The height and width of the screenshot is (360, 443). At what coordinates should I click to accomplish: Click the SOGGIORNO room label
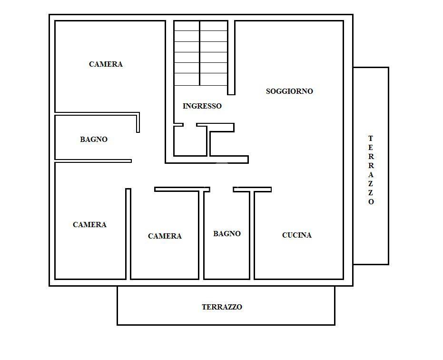[x=289, y=91]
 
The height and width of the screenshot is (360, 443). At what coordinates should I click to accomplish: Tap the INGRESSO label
[x=202, y=106]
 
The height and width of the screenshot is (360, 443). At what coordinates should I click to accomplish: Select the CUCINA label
[x=296, y=235]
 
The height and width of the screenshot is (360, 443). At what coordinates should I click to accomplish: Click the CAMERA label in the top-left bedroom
[x=106, y=64]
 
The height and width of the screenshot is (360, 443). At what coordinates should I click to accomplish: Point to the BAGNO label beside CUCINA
[x=227, y=234]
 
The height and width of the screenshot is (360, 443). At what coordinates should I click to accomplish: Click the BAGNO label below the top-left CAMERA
[x=94, y=139]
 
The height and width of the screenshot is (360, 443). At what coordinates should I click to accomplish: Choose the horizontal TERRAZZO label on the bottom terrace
[x=222, y=307]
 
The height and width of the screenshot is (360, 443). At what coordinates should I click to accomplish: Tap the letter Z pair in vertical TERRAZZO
[x=371, y=188]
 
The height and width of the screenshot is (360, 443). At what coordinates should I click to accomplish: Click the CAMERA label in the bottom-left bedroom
[x=89, y=225]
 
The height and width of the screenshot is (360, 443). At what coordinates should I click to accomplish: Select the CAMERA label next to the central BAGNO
[x=165, y=236]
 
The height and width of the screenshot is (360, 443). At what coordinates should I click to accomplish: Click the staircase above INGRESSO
[x=201, y=53]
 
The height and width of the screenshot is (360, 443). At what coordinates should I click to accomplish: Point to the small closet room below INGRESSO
[x=190, y=140]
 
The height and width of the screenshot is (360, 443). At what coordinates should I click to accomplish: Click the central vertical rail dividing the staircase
[x=200, y=53]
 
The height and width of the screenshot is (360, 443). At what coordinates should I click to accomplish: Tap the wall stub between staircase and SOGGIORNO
[x=231, y=58]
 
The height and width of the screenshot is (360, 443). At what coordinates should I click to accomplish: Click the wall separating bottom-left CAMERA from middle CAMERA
[x=128, y=234]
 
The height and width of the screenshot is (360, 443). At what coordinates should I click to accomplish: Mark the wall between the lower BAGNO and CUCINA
[x=252, y=235]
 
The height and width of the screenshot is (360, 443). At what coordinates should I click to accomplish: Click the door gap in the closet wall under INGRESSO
[x=190, y=125]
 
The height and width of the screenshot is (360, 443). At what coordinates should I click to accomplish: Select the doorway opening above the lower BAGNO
[x=222, y=189]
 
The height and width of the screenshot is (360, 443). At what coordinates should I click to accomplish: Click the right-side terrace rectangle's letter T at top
[x=371, y=139]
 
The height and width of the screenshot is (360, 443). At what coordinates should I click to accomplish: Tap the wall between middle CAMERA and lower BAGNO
[x=201, y=235]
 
